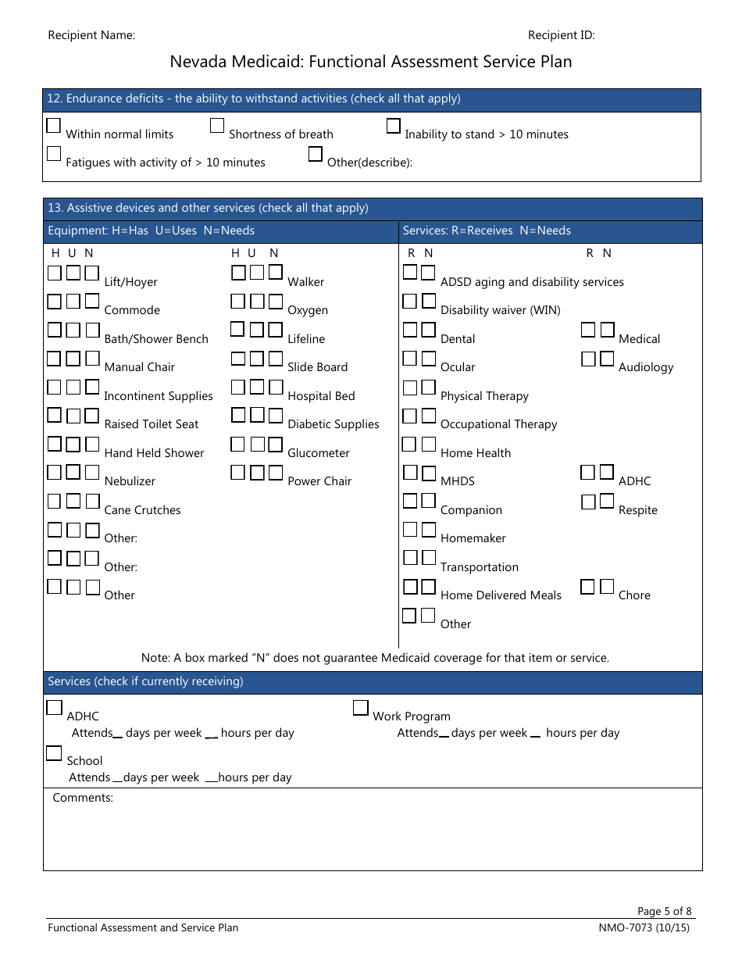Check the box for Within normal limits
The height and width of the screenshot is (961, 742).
tap(53, 126)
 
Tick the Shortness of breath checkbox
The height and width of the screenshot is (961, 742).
tap(217, 126)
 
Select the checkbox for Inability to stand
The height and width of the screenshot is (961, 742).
tap(394, 126)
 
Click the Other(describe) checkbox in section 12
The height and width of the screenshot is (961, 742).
tap(316, 154)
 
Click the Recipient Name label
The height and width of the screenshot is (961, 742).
tap(91, 35)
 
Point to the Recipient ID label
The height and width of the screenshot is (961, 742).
tap(562, 35)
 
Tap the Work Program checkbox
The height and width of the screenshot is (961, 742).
tap(360, 708)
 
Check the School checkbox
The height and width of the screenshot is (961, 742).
tap(53, 753)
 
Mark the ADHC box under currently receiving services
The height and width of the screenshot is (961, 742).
tap(54, 708)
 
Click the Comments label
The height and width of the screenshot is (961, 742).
tap(83, 798)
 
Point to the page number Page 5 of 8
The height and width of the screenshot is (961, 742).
tap(664, 911)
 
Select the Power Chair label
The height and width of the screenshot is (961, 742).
tap(319, 481)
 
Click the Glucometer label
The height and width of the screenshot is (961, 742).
tap(319, 453)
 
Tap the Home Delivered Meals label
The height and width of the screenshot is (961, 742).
tap(501, 595)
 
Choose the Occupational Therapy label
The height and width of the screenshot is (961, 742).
tap(498, 424)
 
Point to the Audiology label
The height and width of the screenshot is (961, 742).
tap(646, 367)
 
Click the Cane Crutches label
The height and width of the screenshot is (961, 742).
tap(142, 510)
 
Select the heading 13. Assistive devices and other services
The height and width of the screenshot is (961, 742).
tap(208, 209)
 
